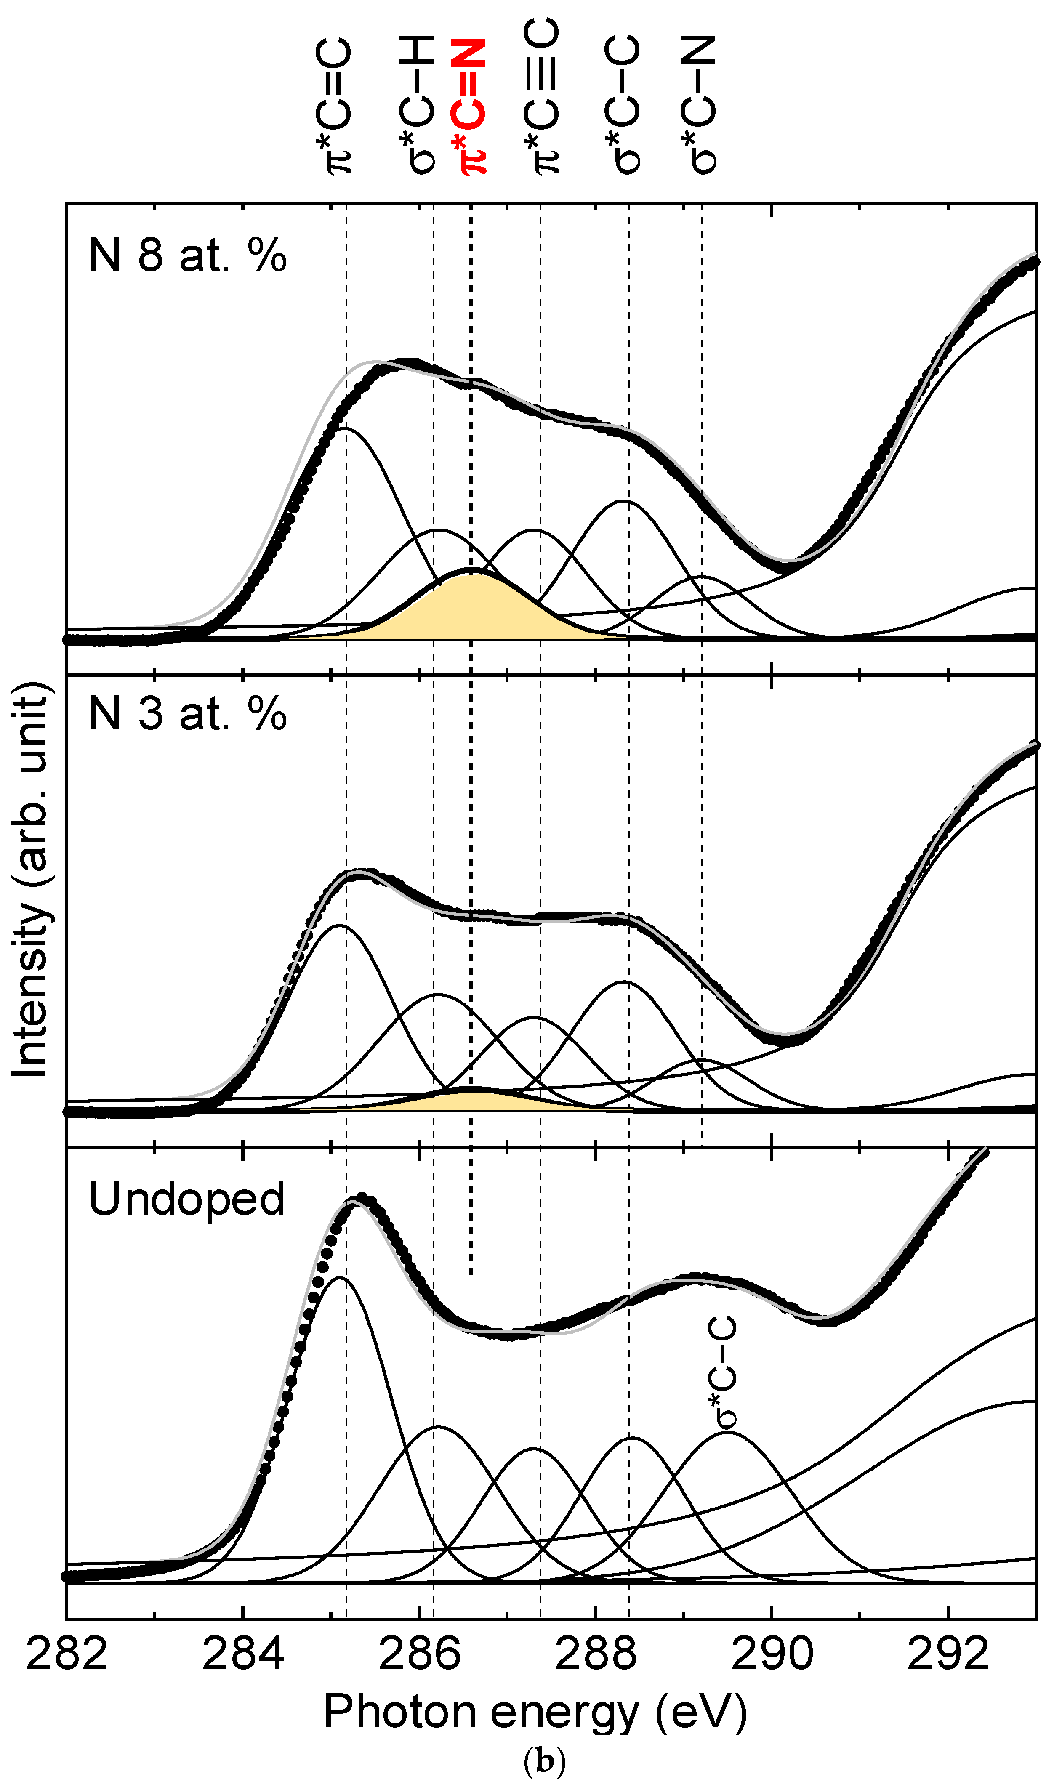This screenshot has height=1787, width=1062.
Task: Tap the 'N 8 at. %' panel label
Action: (x=187, y=255)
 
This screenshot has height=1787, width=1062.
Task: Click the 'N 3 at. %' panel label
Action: (x=187, y=713)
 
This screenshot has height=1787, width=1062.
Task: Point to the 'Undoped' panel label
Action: (x=186, y=1199)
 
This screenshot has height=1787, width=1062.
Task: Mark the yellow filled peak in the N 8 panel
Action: (x=472, y=608)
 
